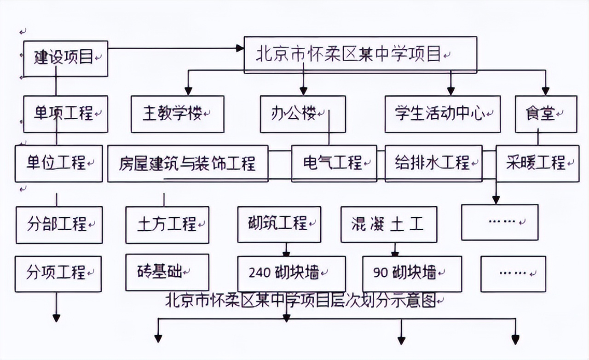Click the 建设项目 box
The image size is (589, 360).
point(65,58)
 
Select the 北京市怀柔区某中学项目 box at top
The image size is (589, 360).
point(360,55)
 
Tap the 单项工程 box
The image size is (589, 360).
point(65,114)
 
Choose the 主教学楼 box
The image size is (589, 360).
point(177,114)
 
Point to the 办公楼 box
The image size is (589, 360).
point(302,114)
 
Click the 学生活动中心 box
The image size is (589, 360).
point(442,114)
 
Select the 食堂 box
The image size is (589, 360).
point(545,114)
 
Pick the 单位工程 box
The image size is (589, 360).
point(58,163)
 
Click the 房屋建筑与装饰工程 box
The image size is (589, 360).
point(188,163)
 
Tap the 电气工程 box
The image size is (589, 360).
point(334,163)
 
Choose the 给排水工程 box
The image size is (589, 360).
point(433,163)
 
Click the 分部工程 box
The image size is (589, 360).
point(58,225)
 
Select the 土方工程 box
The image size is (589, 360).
point(167,225)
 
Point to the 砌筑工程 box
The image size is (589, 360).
point(279,224)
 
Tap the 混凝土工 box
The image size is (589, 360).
point(388,225)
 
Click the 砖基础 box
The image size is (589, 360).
point(167,272)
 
